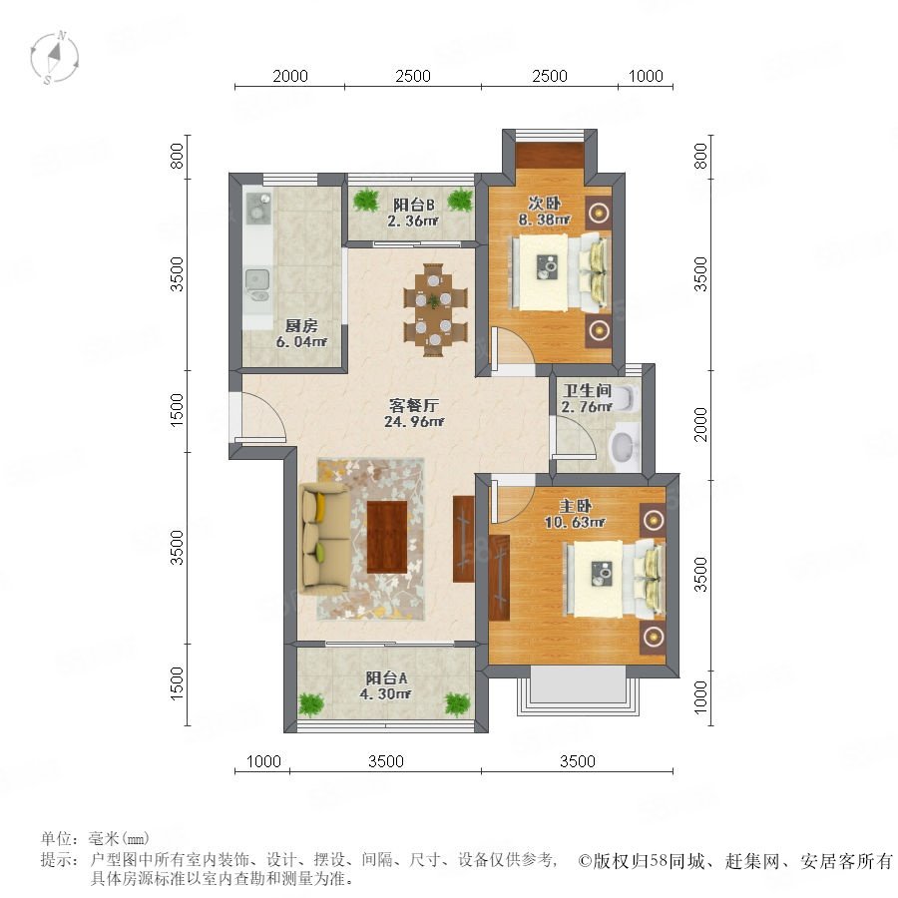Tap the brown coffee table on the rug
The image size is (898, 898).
(x=388, y=535)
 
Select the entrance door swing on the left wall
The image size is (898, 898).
(x=261, y=417)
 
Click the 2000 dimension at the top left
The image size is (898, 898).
(x=289, y=76)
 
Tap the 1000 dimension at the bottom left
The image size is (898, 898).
(x=262, y=761)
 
